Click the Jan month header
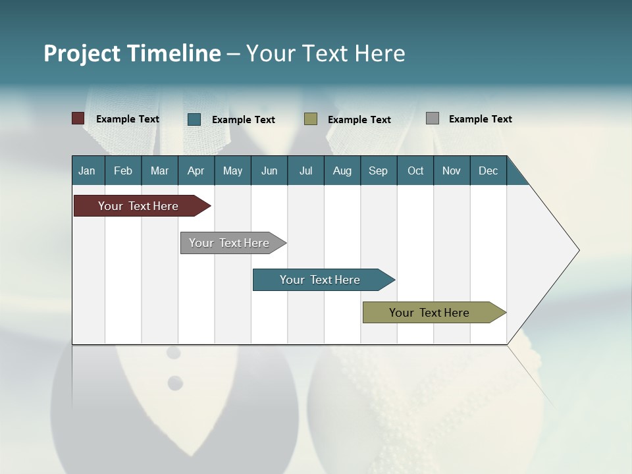tap(88, 171)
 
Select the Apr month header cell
tap(196, 171)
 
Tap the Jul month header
tap(305, 171)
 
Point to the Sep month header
tap(379, 171)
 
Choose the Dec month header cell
tap(488, 171)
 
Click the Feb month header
tap(123, 171)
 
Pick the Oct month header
tap(415, 171)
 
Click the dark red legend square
tap(78, 118)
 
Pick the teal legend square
tap(194, 119)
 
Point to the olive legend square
tap(311, 119)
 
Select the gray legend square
tap(433, 118)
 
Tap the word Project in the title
tap(82, 53)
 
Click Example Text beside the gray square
tap(480, 119)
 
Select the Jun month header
tap(269, 171)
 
